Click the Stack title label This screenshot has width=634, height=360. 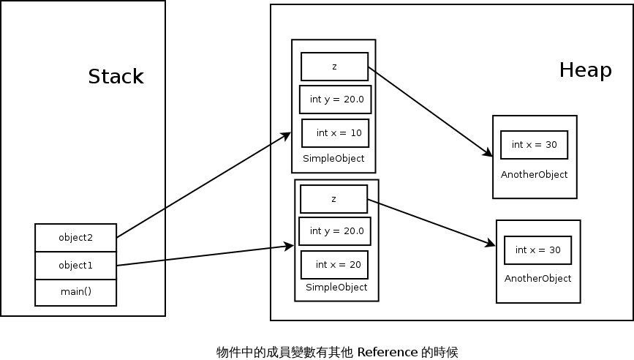click(116, 77)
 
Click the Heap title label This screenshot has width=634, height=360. click(585, 70)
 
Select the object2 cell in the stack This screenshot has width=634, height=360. click(76, 238)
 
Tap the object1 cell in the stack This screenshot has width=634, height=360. click(76, 266)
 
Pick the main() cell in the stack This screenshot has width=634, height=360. click(76, 293)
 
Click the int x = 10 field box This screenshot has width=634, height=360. click(336, 133)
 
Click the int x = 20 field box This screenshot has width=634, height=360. click(334, 265)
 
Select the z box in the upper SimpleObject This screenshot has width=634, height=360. click(334, 67)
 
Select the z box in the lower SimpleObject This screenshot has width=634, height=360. click(333, 199)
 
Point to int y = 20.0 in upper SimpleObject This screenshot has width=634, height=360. click(336, 100)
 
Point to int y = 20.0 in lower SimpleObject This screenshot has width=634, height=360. click(335, 231)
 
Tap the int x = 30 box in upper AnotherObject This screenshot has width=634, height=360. click(534, 145)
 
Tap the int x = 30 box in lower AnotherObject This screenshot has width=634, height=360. click(537, 250)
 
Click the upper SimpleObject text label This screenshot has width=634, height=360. click(333, 159)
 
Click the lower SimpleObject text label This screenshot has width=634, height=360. click(336, 288)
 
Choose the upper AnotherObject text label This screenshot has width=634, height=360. click(534, 175)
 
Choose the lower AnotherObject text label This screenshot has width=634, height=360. click(537, 279)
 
